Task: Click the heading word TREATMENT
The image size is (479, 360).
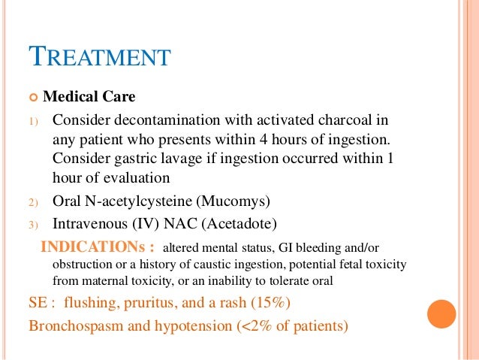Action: (x=99, y=57)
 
